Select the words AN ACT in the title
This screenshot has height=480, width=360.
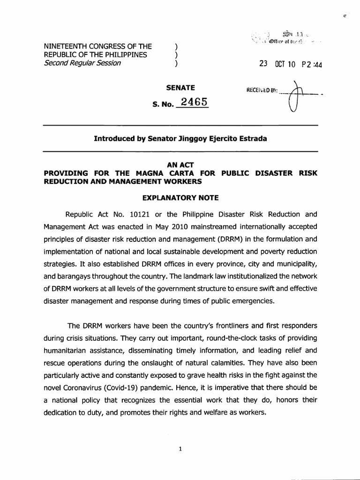pos(180,165)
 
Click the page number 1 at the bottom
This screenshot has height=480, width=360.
pos(180,449)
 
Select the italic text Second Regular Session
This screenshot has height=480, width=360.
pos(82,63)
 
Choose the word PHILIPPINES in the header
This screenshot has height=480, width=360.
pos(121,55)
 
